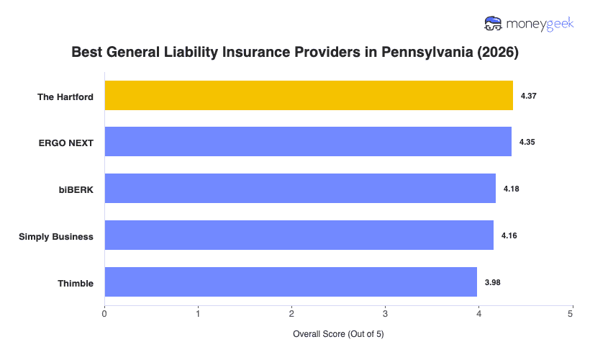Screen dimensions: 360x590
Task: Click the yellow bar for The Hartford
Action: (x=309, y=95)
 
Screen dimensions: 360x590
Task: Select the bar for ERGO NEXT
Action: (x=308, y=142)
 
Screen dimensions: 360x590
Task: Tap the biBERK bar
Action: (x=300, y=188)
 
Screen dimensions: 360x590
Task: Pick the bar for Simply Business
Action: (x=299, y=235)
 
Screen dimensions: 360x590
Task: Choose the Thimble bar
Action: (x=291, y=282)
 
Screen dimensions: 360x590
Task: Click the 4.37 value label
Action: (x=529, y=95)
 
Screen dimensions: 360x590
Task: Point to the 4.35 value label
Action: (x=527, y=142)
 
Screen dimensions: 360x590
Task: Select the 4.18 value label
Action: (x=512, y=189)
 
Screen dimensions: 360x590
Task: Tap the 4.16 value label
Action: (x=509, y=235)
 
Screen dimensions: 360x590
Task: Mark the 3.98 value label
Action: (x=493, y=282)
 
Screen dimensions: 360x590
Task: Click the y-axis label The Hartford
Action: (x=65, y=96)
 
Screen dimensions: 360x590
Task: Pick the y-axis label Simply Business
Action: (x=56, y=236)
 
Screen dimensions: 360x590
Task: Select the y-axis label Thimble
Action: (x=76, y=283)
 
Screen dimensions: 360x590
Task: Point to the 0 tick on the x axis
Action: (x=105, y=313)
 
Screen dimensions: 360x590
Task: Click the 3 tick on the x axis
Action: (x=385, y=313)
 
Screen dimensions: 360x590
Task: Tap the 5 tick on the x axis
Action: (x=571, y=313)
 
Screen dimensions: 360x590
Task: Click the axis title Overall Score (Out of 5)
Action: (x=338, y=335)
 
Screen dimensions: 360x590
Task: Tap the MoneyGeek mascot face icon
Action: (x=494, y=24)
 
